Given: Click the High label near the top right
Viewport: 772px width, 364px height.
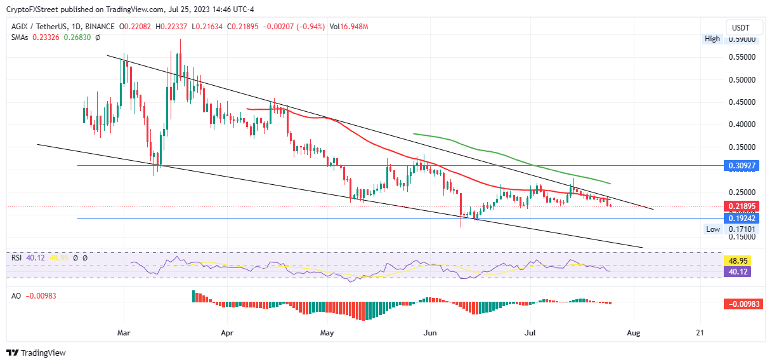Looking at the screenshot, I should [x=712, y=39].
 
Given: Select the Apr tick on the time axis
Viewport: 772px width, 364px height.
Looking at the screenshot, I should [x=226, y=332].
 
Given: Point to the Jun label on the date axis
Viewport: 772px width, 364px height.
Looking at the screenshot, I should [x=430, y=332].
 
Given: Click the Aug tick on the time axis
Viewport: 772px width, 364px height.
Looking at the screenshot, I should [x=632, y=332].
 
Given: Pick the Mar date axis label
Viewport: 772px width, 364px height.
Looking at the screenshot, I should [x=124, y=332].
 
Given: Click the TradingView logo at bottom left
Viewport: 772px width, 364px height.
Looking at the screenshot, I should [x=36, y=353].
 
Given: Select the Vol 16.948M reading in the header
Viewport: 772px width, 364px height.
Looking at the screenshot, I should [x=349, y=27].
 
